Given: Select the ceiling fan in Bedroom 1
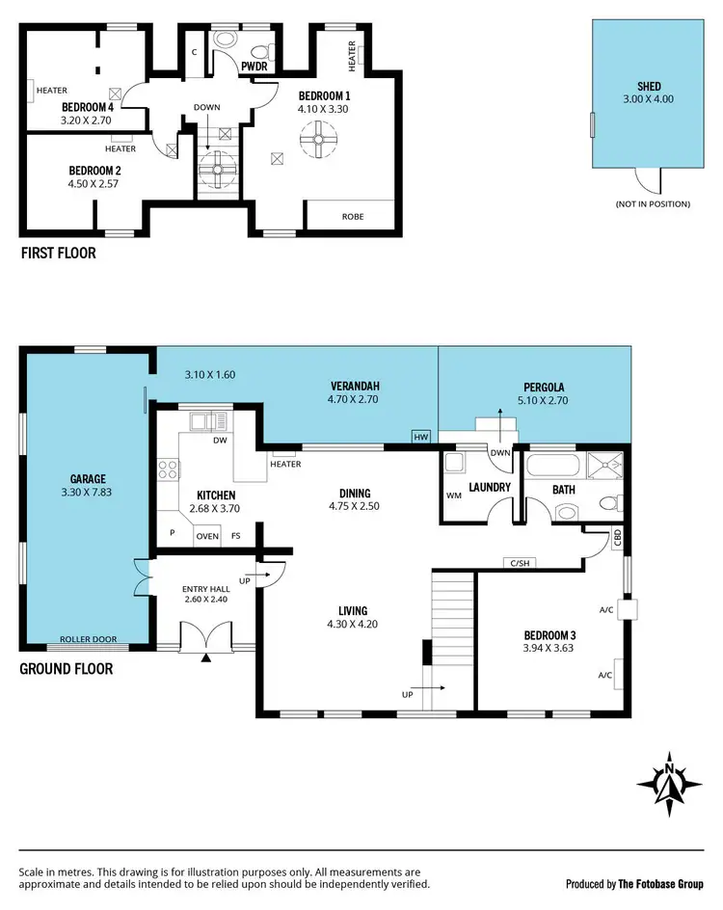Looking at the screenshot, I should click(x=315, y=140).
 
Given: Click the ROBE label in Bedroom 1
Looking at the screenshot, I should click(x=353, y=217).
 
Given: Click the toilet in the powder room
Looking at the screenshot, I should click(x=227, y=40).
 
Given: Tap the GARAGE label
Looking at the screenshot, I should click(x=88, y=478).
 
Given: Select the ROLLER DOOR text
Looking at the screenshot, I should click(x=88, y=639).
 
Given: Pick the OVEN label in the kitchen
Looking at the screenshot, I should click(x=207, y=536).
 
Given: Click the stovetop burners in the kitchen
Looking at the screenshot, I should click(x=167, y=471).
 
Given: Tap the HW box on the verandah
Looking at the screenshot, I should click(x=420, y=438).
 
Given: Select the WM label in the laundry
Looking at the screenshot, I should click(x=454, y=495).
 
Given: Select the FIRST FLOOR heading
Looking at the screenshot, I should click(x=58, y=254).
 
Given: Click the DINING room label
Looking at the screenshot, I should click(x=361, y=491).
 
